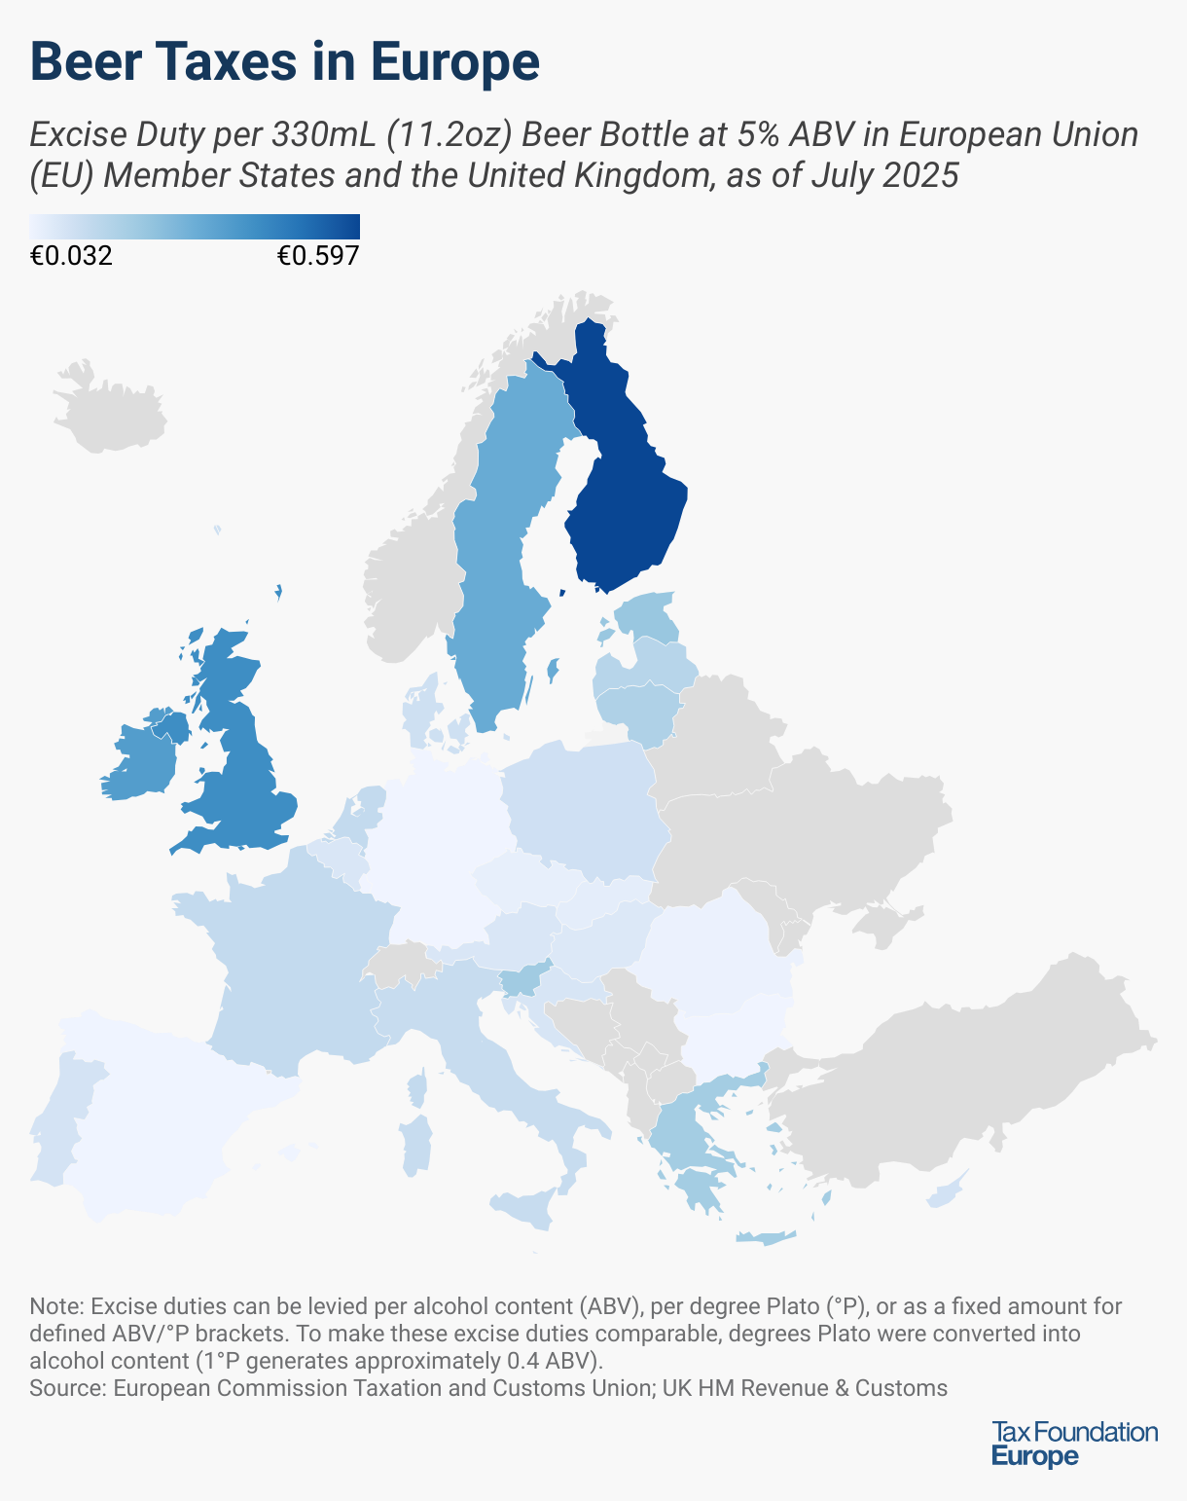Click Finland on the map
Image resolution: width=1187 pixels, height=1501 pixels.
click(x=623, y=487)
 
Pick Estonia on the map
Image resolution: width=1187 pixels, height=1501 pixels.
click(x=647, y=618)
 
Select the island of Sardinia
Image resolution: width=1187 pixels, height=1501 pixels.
click(x=416, y=1145)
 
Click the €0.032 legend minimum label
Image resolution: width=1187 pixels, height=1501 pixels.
click(x=71, y=256)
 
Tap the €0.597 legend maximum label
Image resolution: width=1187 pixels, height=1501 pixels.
click(x=318, y=256)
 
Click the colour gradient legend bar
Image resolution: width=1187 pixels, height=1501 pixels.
click(x=195, y=226)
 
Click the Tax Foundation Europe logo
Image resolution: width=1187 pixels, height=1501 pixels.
click(x=1074, y=1443)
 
